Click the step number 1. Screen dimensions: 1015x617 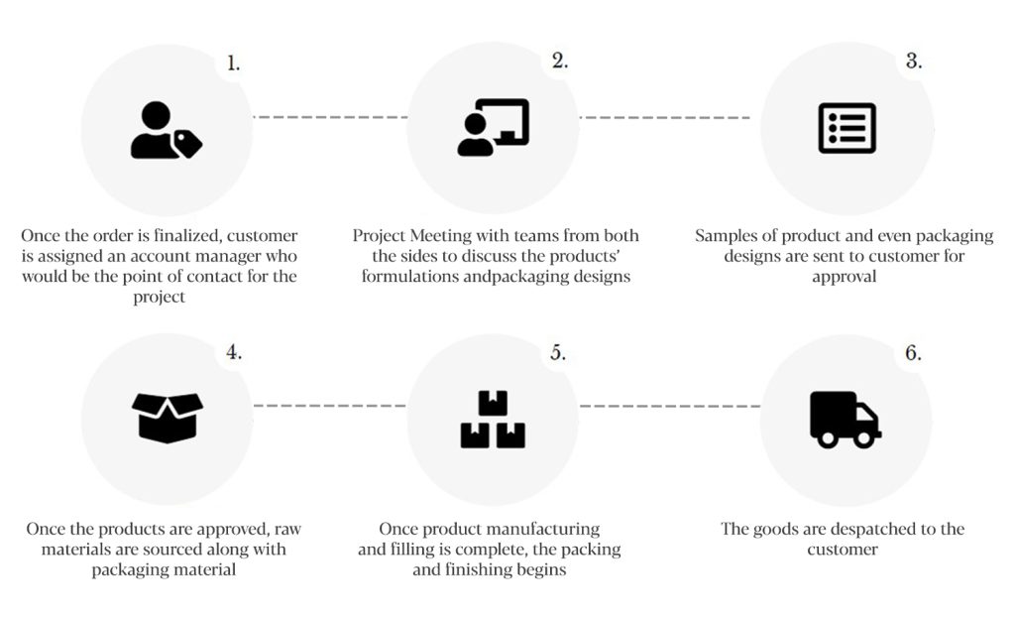click(x=233, y=63)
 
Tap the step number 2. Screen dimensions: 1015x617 click(x=560, y=61)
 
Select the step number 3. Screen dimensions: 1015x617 click(x=913, y=61)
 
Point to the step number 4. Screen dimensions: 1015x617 click(x=234, y=352)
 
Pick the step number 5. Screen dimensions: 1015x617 click(x=558, y=352)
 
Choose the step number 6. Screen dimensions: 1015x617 click(x=913, y=352)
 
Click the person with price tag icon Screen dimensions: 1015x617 click(x=167, y=130)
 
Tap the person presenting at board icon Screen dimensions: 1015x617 click(x=494, y=127)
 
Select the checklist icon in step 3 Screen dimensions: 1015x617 click(x=846, y=128)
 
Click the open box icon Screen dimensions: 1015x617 click(x=167, y=418)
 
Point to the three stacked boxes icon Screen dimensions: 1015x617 click(x=493, y=420)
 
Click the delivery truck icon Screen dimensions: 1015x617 click(x=846, y=420)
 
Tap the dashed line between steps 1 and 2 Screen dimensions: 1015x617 click(x=330, y=117)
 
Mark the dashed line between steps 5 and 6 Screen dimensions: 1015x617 click(x=670, y=407)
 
